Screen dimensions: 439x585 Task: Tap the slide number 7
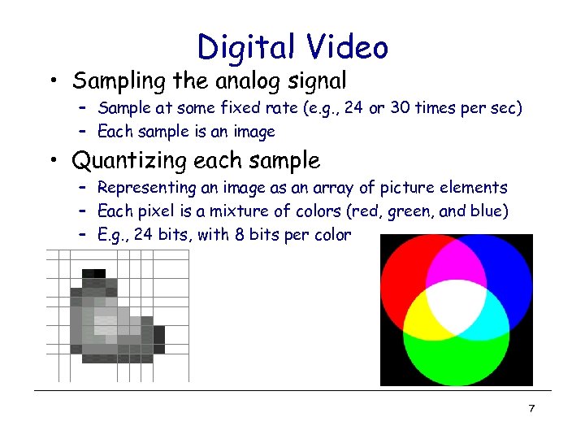(531, 408)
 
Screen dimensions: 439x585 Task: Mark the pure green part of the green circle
(456, 358)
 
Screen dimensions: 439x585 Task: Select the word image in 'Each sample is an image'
(254, 132)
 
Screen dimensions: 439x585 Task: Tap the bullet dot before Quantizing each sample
(52, 162)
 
